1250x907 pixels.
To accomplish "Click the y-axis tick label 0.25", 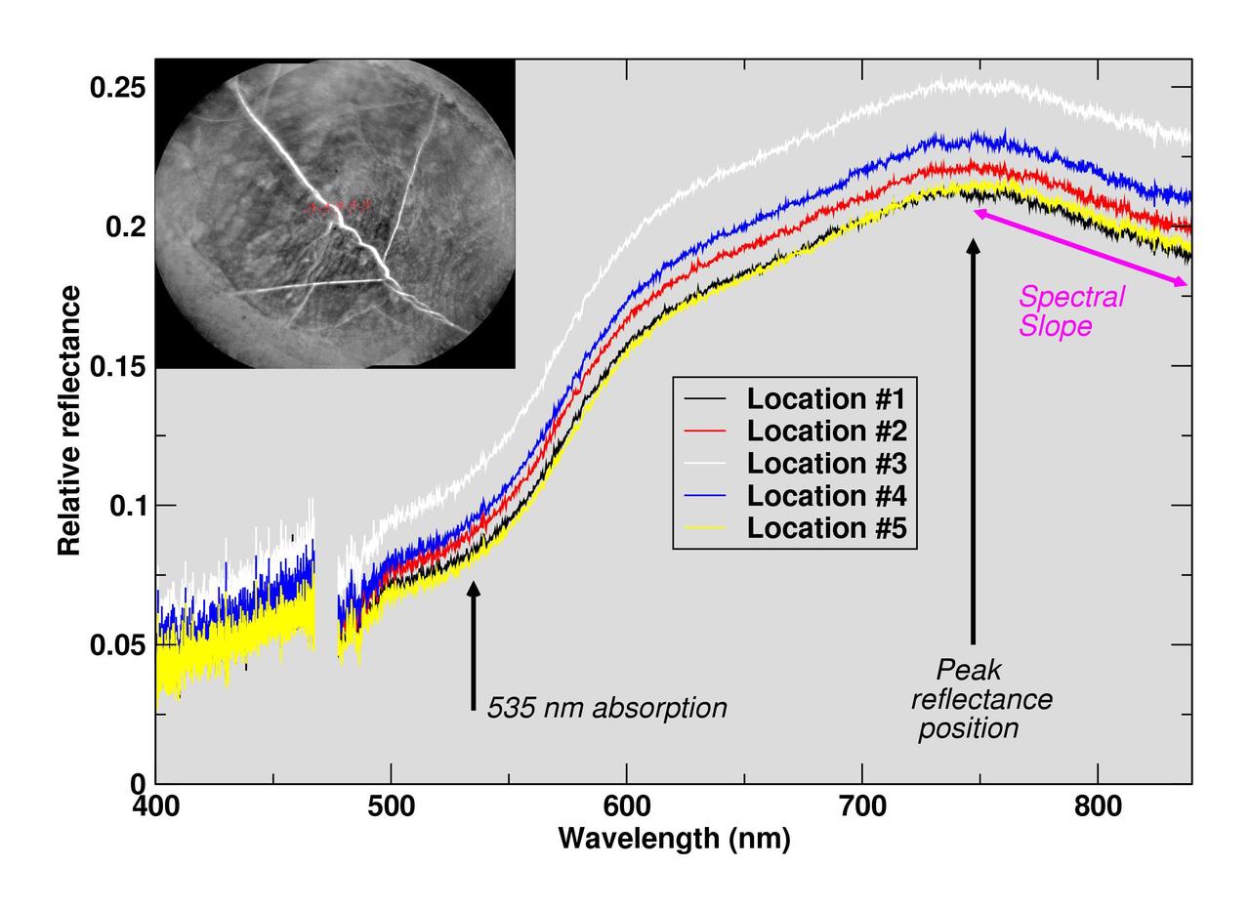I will click(x=117, y=88).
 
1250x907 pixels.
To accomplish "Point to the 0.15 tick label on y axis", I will click(x=117, y=367).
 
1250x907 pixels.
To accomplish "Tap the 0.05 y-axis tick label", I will click(x=117, y=645).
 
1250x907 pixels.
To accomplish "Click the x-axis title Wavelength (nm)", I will click(x=674, y=838).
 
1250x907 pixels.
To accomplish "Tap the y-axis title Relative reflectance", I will click(x=69, y=421).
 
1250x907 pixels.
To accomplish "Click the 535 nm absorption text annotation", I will click(x=606, y=708).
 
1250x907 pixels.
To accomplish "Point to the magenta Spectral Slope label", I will click(x=1070, y=310).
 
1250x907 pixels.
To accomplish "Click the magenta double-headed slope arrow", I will click(x=1080, y=247).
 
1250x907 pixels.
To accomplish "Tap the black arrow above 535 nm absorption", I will click(x=474, y=644).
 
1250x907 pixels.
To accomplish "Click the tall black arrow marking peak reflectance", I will click(x=973, y=439).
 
